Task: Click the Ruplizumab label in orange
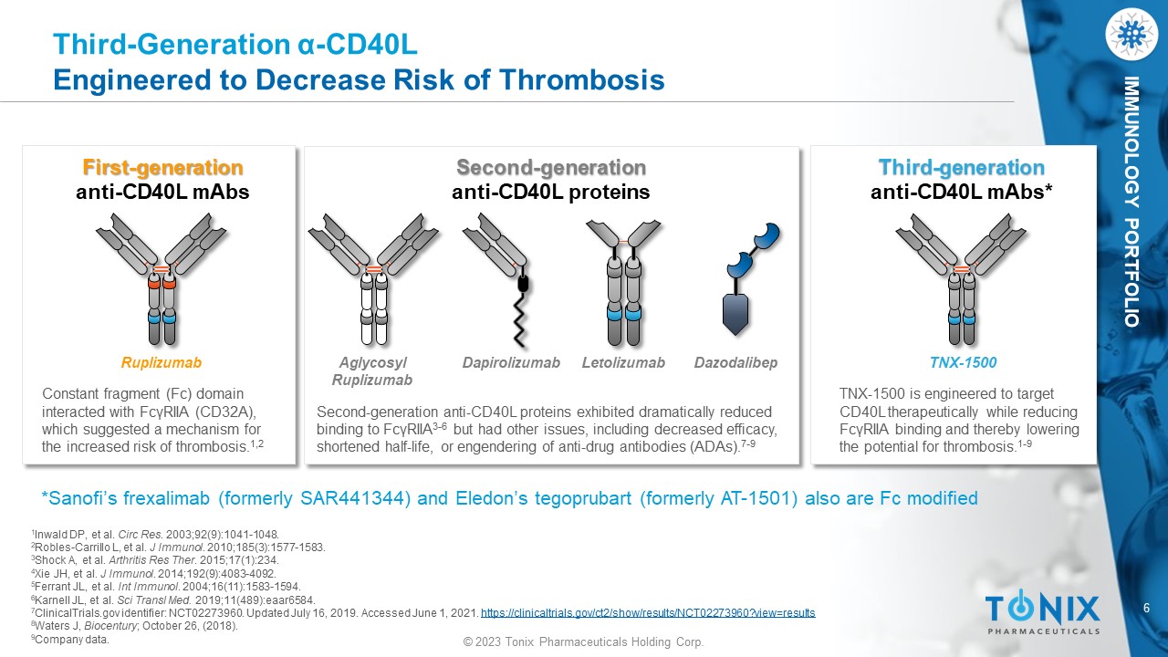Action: click(162, 362)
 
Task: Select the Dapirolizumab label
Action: click(511, 362)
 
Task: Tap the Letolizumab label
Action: click(623, 362)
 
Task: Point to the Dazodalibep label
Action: click(735, 362)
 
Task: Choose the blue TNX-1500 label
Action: click(963, 362)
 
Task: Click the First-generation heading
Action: click(162, 168)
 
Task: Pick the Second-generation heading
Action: click(551, 168)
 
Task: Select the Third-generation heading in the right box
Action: click(962, 168)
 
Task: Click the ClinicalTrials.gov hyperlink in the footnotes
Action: click(648, 612)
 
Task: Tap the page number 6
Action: click(1147, 608)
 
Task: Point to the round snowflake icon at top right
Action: click(1131, 34)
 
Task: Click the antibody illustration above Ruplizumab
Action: click(162, 279)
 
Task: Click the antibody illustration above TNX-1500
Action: click(961, 279)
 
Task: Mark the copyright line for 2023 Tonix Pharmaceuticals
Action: click(583, 641)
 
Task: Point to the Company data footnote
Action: click(70, 640)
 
